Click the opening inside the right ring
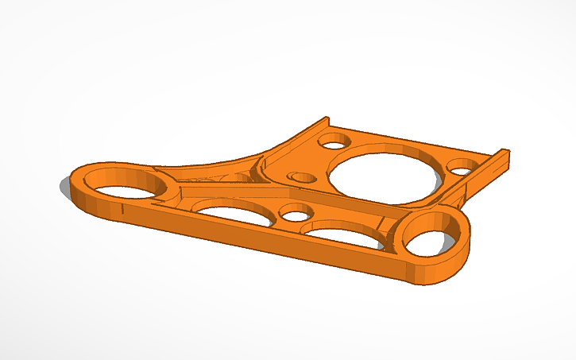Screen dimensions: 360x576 pos(431,240)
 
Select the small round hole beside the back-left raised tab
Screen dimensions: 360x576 pos(334,141)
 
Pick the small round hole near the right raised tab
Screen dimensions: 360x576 pos(462,167)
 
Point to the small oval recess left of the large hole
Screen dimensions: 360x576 pos(302,176)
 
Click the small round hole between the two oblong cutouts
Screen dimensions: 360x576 pos(296,215)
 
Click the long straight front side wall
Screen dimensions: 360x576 pos(262,242)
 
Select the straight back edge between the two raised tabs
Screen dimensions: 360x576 pos(413,139)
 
